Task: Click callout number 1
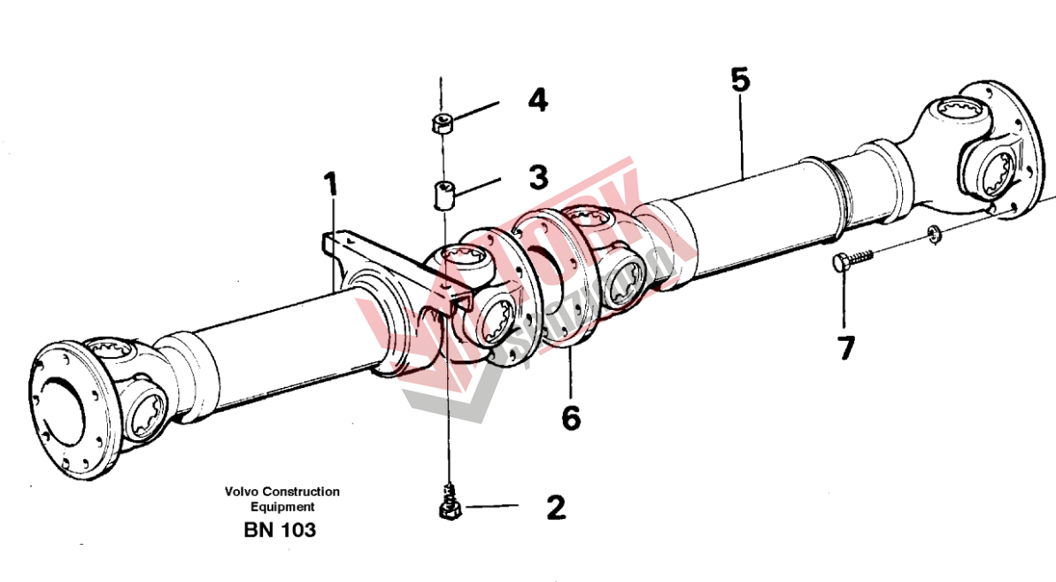click(330, 186)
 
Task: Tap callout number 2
click(555, 508)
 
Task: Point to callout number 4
click(537, 99)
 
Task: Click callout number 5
click(740, 80)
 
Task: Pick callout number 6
click(571, 417)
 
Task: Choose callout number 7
click(846, 347)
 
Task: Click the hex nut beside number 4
click(442, 123)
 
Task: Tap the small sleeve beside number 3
click(443, 194)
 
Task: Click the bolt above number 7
click(850, 260)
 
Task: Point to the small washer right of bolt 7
click(933, 234)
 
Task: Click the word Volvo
click(241, 492)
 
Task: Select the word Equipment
click(281, 508)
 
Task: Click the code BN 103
click(279, 531)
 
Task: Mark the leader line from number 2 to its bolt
click(491, 507)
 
